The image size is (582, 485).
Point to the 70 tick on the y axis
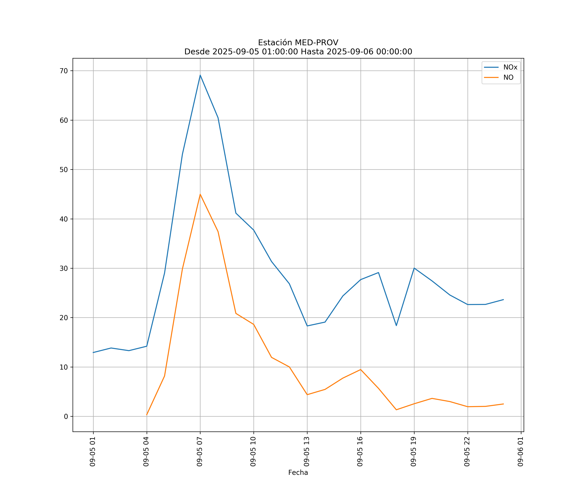coord(64,71)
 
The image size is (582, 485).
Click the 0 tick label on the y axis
coord(66,417)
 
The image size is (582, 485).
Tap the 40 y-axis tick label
coord(64,219)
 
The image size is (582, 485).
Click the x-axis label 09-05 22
coord(467,452)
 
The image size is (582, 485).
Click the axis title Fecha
coord(298,473)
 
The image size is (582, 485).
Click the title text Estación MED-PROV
coord(298,43)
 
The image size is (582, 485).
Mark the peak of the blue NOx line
coord(200,75)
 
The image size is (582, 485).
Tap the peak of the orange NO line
coord(200,194)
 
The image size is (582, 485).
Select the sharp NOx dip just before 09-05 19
coord(396,326)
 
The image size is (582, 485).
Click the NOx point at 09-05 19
coord(414,268)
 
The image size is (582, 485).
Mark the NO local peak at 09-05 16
coord(361,369)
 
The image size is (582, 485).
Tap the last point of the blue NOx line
coord(503,300)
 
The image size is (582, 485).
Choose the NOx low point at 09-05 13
coord(307,326)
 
